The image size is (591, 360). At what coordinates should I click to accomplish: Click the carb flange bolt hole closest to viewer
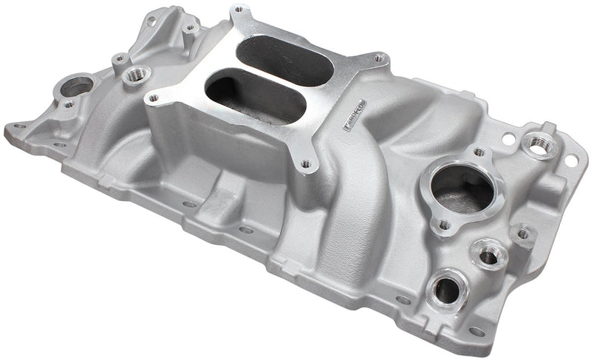(305, 163)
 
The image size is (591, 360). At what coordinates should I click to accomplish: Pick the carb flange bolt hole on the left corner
(154, 98)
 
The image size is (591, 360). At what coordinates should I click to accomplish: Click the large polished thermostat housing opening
(462, 189)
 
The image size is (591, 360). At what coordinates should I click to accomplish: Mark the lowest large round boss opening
(447, 289)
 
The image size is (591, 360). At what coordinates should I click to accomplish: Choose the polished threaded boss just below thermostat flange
(488, 256)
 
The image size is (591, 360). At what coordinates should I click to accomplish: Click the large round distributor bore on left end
(76, 87)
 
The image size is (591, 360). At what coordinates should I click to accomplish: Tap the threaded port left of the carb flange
(136, 75)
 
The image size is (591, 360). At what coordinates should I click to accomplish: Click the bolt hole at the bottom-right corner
(476, 332)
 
